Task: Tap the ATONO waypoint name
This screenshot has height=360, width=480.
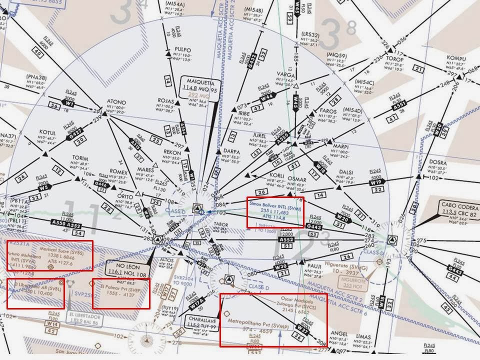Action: [x=116, y=102]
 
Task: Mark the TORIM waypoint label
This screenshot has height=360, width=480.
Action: [x=80, y=158]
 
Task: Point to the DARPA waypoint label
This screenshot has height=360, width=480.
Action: [x=231, y=151]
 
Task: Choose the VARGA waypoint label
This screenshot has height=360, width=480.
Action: [x=286, y=75]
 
